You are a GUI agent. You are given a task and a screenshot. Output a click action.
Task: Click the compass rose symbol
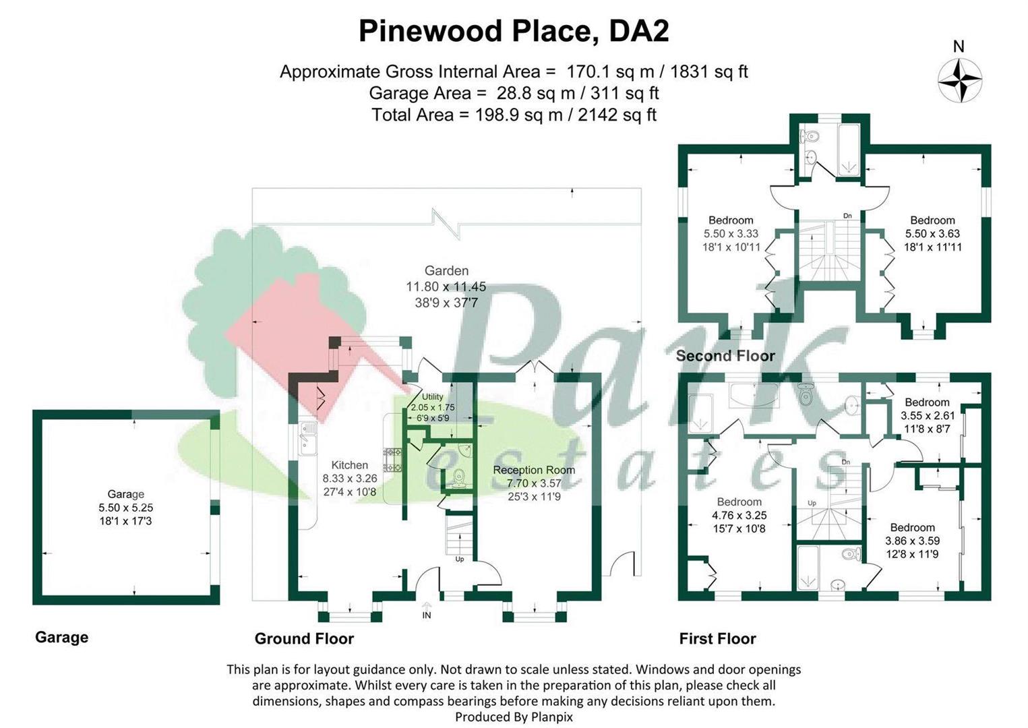[x=960, y=80]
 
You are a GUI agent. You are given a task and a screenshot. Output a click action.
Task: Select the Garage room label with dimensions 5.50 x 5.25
[x=126, y=507]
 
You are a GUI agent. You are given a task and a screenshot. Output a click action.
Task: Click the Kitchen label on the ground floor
[x=350, y=465]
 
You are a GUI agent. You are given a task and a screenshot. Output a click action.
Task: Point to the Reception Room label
[x=534, y=470]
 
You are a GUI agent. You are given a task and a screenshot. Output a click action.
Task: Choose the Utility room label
[x=432, y=396]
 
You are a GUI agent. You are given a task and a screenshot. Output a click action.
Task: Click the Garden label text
[x=446, y=271]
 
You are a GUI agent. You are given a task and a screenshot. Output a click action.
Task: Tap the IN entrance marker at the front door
[x=427, y=615]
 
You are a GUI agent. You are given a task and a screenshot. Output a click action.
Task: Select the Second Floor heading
[x=725, y=356]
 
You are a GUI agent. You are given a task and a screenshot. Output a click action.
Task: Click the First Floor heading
[x=717, y=638]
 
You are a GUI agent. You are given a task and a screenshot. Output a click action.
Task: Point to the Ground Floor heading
[x=304, y=638]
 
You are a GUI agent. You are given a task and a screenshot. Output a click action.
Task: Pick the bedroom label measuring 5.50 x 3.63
[x=932, y=234]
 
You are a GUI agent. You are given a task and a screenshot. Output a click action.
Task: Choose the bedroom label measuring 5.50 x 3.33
[x=731, y=234]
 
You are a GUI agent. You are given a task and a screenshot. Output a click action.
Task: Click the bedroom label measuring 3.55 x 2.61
[x=928, y=415]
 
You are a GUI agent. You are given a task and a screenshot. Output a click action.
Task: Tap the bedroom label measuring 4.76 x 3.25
[x=739, y=515]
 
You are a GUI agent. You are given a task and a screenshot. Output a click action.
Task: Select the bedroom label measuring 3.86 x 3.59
[x=912, y=541]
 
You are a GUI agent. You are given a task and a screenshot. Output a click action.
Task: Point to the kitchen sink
[x=308, y=438]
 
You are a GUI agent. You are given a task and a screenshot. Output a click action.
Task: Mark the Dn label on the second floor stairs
[x=847, y=216]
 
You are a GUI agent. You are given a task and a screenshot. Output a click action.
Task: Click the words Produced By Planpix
[x=514, y=717]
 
